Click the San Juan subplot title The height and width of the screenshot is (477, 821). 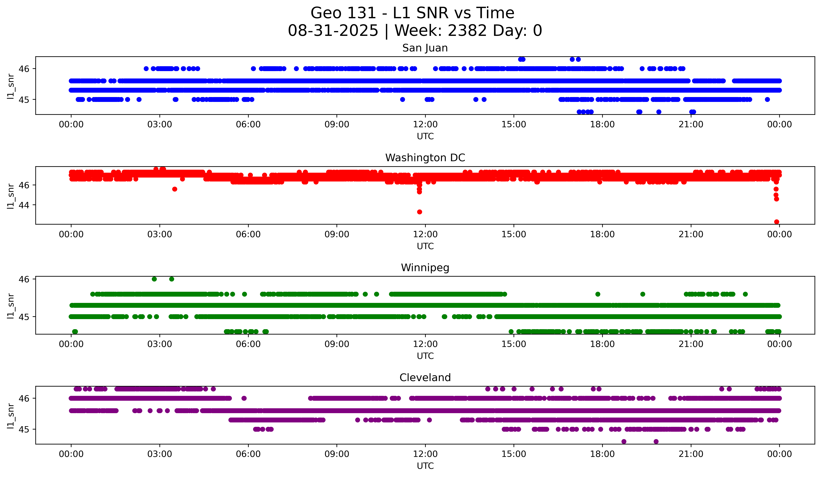click(x=425, y=48)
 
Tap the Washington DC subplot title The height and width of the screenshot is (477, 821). click(x=425, y=158)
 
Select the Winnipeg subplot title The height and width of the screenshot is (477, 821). click(x=425, y=268)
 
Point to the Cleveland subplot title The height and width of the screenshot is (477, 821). click(x=425, y=378)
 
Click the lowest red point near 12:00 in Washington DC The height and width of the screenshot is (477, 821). click(x=420, y=212)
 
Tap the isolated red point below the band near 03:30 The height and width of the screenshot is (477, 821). click(x=175, y=189)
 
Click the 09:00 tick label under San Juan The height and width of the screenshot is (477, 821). click(x=337, y=125)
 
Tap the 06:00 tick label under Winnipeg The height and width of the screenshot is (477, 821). click(x=248, y=344)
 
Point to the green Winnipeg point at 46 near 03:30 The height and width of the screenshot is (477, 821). click(x=172, y=279)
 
